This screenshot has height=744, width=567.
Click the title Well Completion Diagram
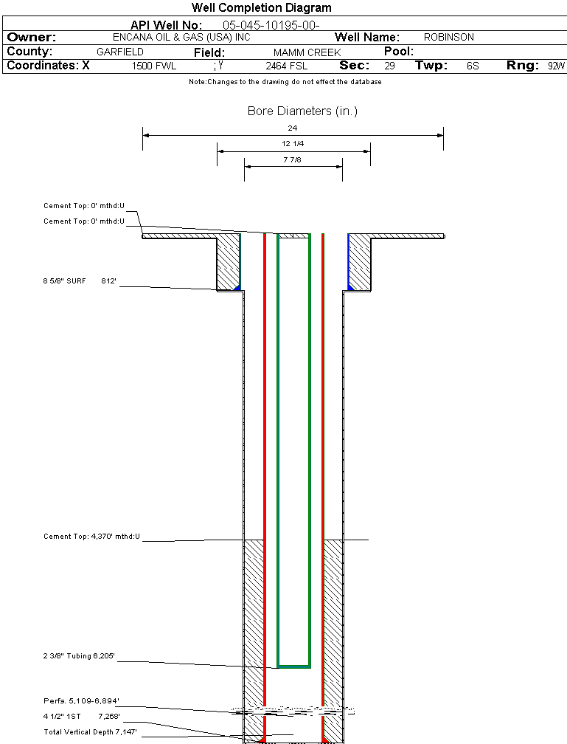[x=261, y=8]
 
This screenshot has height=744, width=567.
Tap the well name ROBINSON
[x=449, y=37]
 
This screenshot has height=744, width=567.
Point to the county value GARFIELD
[x=120, y=52]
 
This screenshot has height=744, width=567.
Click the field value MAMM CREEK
[x=307, y=53]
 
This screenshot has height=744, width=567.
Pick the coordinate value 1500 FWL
[x=154, y=66]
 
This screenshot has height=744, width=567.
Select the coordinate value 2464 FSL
[x=286, y=66]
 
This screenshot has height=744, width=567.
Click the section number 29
[x=389, y=66]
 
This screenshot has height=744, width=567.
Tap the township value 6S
[x=473, y=66]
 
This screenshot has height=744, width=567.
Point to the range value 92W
[x=556, y=66]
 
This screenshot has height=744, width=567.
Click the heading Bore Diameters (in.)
[x=302, y=111]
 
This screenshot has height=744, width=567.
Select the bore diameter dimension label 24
[x=293, y=128]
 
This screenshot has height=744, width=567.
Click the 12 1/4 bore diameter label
[x=293, y=144]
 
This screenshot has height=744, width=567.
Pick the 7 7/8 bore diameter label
[x=293, y=159]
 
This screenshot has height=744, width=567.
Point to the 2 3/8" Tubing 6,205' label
[x=79, y=655]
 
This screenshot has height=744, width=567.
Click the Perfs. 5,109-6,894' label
[x=81, y=700]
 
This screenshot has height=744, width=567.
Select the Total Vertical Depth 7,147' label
[x=90, y=731]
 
